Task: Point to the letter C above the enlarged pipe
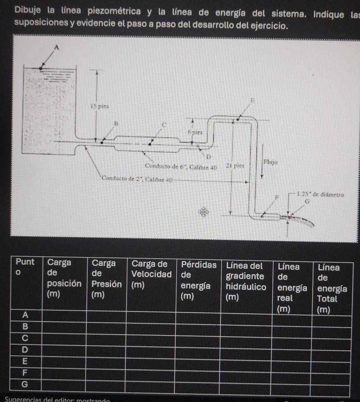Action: coord(164,124)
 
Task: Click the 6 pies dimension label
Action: coord(195,132)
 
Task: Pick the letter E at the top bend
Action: coord(252,100)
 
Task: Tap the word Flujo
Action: coord(271,162)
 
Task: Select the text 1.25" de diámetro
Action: coord(320,194)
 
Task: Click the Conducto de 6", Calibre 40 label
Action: coord(181,166)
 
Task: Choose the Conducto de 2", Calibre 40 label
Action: coord(138,179)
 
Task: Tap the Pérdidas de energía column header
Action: coord(198,279)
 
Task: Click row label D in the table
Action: coord(25,349)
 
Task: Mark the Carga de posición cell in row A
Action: coord(64,315)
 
